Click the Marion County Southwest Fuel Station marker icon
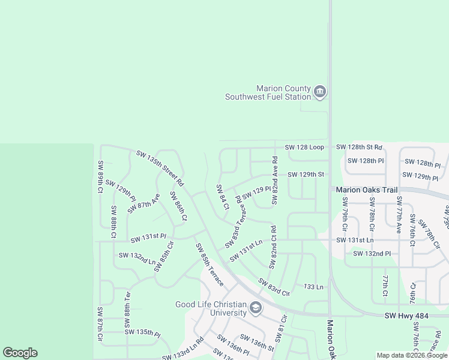click(x=320, y=92)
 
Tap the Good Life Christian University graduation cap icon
click(x=256, y=308)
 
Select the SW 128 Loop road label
click(x=304, y=147)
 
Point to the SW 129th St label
click(x=306, y=175)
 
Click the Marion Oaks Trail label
click(x=367, y=190)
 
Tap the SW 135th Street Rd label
click(x=160, y=167)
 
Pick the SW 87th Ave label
click(x=143, y=203)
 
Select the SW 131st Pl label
click(x=148, y=238)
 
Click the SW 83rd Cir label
click(x=274, y=287)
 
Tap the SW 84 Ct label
click(x=223, y=197)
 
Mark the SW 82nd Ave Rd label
click(x=274, y=181)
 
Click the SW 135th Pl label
click(x=142, y=332)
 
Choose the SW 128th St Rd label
click(x=359, y=147)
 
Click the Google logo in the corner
click(x=20, y=353)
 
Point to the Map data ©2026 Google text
click(x=412, y=356)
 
